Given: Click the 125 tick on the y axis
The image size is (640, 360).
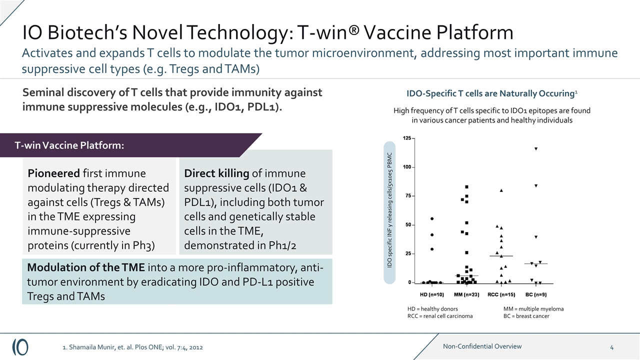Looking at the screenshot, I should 407,138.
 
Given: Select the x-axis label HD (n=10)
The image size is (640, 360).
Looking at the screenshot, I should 431,294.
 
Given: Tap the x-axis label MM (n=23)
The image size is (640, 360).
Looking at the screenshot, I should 466,294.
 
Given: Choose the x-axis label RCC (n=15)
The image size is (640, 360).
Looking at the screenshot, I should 501,294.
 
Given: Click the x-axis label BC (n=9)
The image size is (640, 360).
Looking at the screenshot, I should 536,294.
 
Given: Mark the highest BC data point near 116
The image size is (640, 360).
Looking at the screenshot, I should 536,148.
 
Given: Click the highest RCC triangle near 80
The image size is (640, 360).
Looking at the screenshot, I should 501,190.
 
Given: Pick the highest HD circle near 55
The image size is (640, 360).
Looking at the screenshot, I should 431,218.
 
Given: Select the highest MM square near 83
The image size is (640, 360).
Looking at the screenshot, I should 466,187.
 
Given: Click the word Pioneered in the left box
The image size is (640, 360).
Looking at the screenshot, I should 52,173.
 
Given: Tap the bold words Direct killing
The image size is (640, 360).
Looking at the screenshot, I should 216,173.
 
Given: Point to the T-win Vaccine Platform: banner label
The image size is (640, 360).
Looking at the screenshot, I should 69,145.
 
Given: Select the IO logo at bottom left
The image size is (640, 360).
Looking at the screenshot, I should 20,346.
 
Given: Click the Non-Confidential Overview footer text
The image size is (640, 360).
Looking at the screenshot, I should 482,346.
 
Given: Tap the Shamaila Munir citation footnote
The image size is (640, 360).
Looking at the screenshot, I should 132,347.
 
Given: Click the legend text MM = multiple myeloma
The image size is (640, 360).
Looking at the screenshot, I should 533,309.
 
